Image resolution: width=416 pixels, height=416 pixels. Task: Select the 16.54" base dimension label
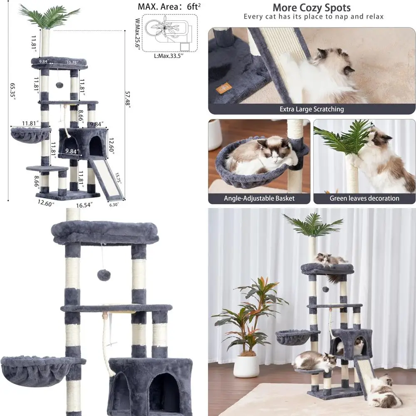click(84, 205)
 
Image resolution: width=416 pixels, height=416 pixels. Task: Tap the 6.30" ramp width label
click(114, 205)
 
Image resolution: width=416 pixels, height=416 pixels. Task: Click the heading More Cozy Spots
click(311, 7)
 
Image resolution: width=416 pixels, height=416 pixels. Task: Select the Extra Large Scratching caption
click(312, 109)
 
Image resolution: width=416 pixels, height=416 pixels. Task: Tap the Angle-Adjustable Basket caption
click(259, 198)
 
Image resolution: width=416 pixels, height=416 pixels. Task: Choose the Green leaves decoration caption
click(364, 198)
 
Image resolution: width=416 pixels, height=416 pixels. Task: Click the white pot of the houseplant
click(246, 366)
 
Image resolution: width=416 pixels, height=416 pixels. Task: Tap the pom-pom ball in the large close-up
click(103, 275)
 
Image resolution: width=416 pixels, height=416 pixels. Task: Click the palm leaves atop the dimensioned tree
click(49, 16)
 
